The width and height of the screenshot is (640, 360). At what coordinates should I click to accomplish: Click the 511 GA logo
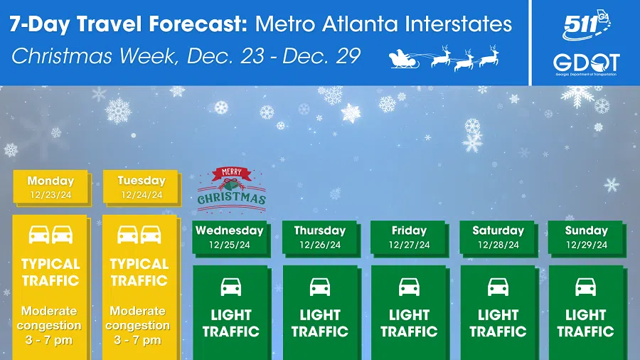[586, 26]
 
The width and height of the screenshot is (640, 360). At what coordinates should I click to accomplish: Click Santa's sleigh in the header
[404, 59]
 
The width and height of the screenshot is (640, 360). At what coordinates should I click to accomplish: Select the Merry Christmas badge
[231, 190]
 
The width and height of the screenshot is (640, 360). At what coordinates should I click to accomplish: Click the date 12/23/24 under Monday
[50, 195]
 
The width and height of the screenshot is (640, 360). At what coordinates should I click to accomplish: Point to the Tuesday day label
[142, 181]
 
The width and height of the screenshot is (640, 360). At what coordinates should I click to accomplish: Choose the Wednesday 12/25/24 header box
[230, 238]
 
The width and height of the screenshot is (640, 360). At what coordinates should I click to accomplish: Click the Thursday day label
[320, 231]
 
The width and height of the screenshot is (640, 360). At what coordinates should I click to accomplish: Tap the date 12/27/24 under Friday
[409, 245]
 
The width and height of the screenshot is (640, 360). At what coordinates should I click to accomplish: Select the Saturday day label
[498, 231]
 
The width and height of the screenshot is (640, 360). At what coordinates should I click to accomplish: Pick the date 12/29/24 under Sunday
[587, 245]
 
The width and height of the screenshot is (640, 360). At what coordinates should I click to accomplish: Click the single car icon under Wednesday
[231, 287]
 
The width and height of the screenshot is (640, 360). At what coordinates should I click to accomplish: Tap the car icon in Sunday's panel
[586, 287]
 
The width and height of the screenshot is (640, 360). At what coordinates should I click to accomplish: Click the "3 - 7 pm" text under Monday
[49, 340]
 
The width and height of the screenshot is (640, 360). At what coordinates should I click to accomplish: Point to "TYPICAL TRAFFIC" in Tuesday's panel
[139, 272]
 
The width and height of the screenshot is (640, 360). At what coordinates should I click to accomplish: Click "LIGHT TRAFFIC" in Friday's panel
[409, 323]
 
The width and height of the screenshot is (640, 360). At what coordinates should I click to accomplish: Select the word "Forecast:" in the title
[198, 24]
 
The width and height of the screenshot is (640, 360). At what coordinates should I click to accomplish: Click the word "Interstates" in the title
[459, 24]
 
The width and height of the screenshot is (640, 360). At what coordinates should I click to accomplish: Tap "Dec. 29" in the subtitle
[321, 56]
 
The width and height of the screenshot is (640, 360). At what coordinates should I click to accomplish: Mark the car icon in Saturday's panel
[498, 287]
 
